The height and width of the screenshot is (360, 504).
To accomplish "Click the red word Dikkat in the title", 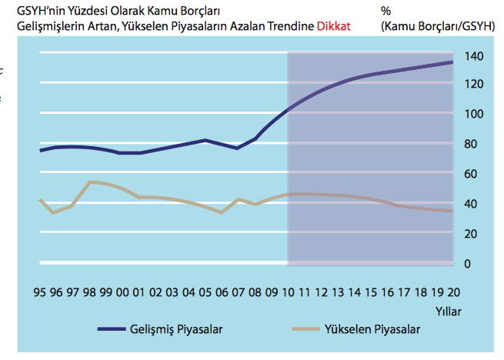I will pos(333,25).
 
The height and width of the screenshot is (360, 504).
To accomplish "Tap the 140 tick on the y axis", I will pos(474,57).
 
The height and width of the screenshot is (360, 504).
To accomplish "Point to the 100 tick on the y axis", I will pos(474,114).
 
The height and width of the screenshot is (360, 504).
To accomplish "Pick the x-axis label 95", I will pos(39,293).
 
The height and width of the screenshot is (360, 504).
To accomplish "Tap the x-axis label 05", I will pos(205,293).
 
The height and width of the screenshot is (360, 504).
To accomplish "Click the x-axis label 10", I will pos(288,293).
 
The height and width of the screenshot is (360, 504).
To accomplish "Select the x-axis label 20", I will pos(453,293).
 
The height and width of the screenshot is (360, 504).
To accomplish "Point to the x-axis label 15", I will pos(371,293).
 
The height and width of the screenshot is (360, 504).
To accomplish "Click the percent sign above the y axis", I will pos(385,11).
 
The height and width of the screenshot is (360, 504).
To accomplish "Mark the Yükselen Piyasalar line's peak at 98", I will pos(90,182).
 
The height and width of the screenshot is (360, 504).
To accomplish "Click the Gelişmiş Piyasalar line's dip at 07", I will pos(238,148).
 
